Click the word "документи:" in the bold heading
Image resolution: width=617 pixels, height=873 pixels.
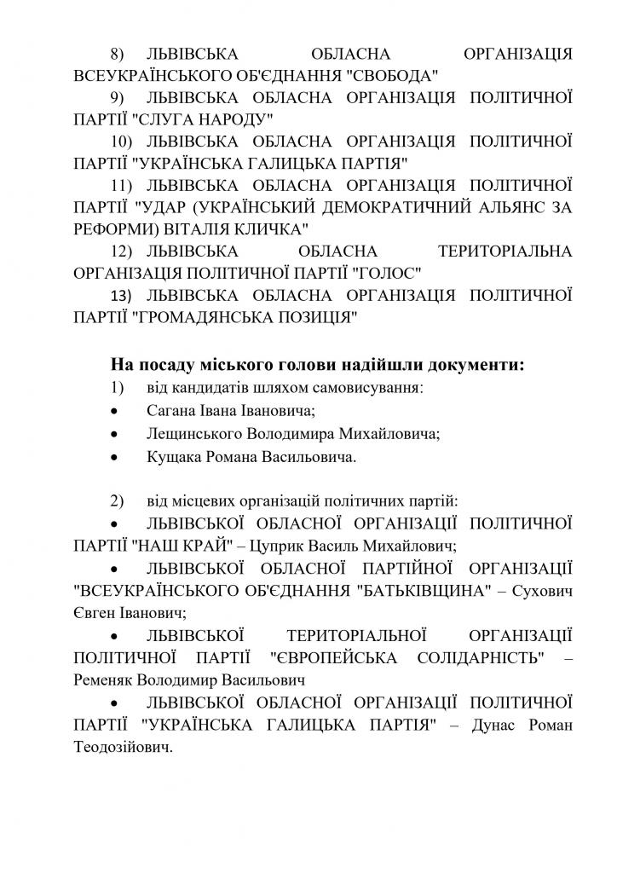click(x=475, y=366)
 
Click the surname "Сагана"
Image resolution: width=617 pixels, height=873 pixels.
click(x=170, y=411)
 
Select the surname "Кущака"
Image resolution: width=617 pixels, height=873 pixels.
click(x=172, y=456)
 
